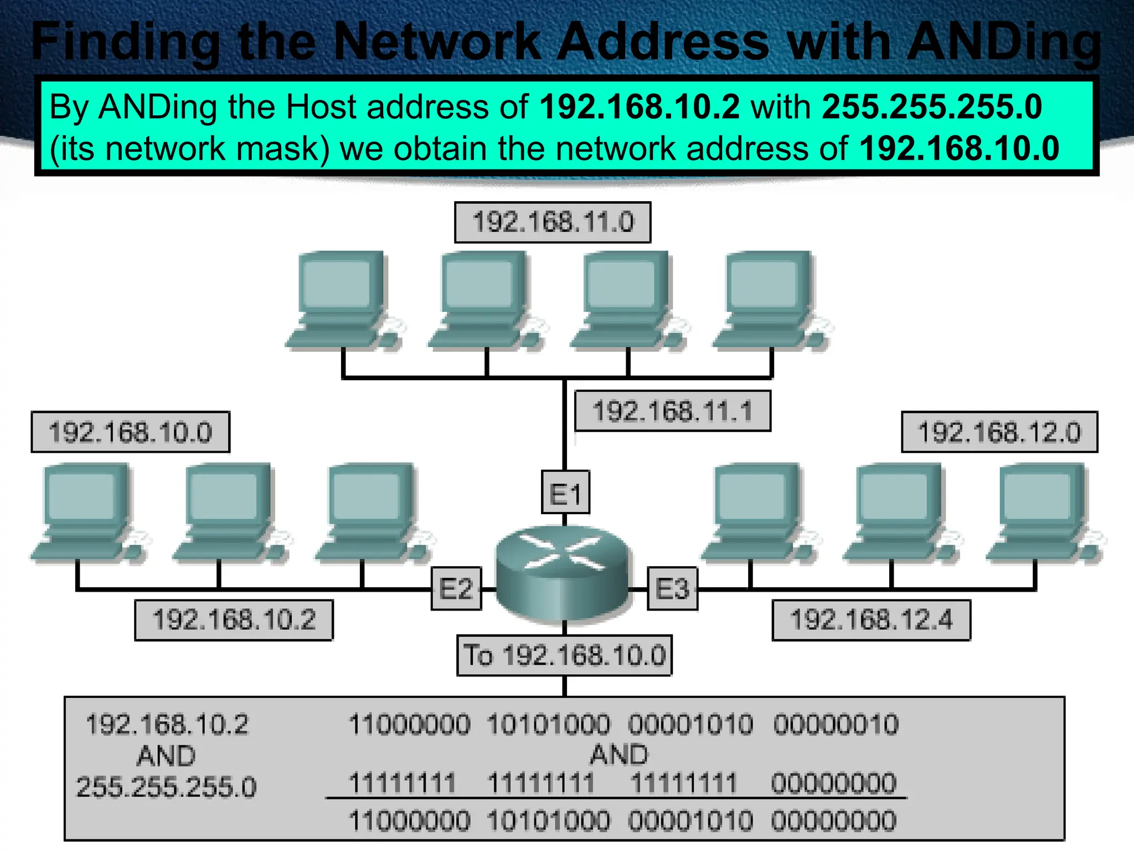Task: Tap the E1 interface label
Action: (565, 493)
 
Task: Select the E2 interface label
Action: (456, 588)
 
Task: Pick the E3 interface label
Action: (672, 588)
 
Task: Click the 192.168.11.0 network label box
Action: (553, 222)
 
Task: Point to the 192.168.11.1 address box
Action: (672, 411)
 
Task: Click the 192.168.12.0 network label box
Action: (999, 432)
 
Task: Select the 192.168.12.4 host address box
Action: (871, 620)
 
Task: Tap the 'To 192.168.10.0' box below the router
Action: (564, 655)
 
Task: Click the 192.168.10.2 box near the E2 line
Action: (234, 620)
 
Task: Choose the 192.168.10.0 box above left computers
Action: (130, 432)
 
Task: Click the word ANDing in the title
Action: (1003, 42)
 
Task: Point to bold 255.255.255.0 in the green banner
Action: (931, 106)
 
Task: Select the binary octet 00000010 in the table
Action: (836, 725)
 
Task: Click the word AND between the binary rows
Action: (618, 755)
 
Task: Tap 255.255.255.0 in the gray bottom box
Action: (166, 787)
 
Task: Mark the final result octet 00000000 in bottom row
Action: (833, 821)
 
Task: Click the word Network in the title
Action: (437, 42)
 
